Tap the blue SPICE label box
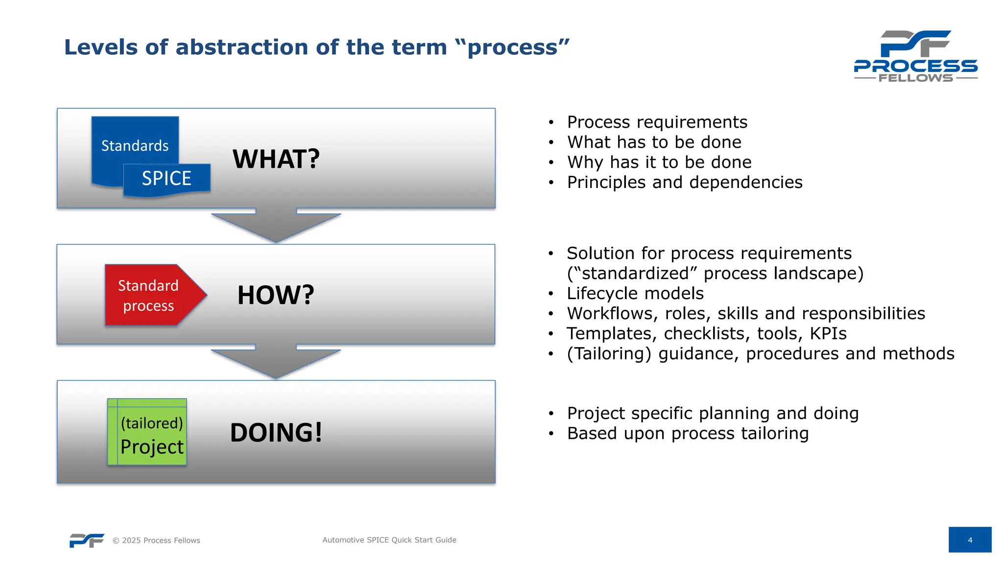coord(167,179)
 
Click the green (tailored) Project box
coord(147,432)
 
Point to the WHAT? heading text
coord(276,159)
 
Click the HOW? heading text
coord(276,295)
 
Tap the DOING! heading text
coord(276,433)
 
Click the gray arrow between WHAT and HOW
coord(276,225)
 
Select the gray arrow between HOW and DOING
coord(276,361)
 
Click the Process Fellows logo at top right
coord(915,56)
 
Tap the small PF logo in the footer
coord(87,540)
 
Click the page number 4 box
coord(970,540)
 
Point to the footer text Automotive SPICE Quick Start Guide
coord(389,540)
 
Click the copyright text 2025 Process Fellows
coord(157,540)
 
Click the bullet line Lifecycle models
coord(635,293)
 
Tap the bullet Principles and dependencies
coord(684,182)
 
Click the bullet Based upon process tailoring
coord(688,433)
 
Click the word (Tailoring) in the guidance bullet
coord(609,353)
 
